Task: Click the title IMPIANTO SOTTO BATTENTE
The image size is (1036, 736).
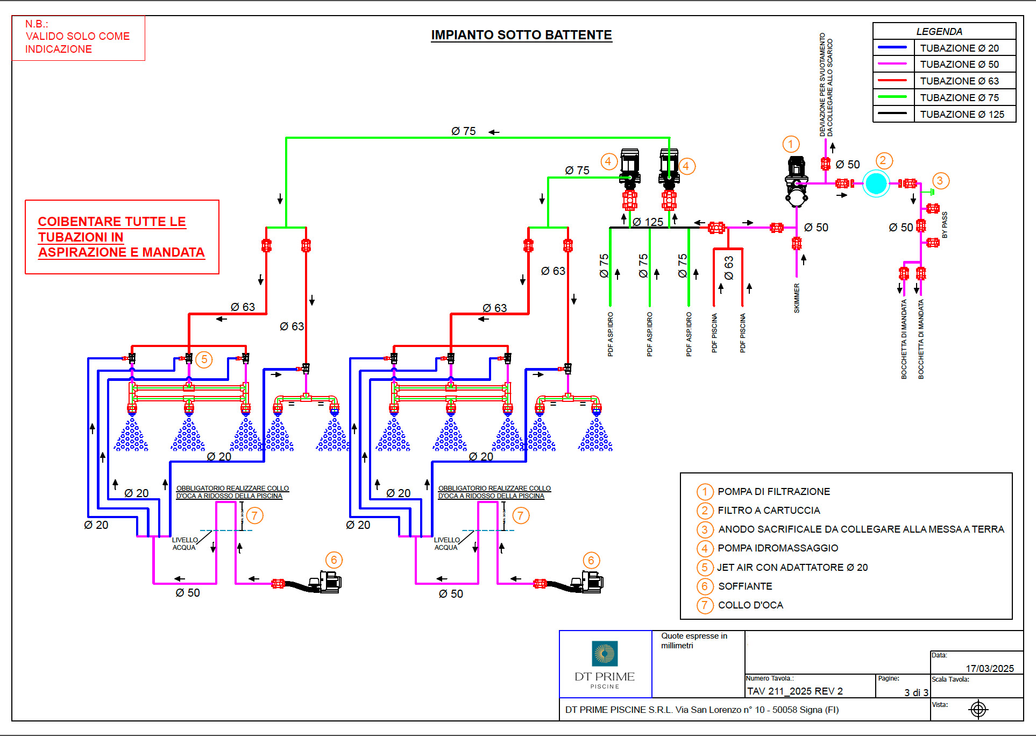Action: (x=521, y=35)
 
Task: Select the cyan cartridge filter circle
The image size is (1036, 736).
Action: (x=876, y=183)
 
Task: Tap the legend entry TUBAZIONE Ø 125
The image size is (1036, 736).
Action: (x=962, y=115)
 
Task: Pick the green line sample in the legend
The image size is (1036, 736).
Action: (x=892, y=97)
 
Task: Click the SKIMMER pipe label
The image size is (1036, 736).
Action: (x=797, y=298)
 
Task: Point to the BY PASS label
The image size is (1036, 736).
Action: (x=945, y=225)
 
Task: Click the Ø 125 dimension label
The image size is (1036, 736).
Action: (x=648, y=222)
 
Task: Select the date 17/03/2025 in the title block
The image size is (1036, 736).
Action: (x=990, y=668)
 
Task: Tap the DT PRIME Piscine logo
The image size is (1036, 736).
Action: (x=605, y=664)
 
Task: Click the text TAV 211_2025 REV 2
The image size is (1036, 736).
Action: (x=794, y=691)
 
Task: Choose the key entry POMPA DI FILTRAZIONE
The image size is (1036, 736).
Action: (x=774, y=492)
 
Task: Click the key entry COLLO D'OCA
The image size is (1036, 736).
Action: (x=750, y=605)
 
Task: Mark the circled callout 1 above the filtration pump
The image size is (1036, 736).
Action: (x=790, y=144)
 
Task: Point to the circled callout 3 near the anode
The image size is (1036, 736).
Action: (x=940, y=181)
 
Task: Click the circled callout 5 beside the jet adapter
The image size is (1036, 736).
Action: (x=204, y=359)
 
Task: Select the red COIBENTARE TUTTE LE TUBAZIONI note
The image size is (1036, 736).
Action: (x=122, y=237)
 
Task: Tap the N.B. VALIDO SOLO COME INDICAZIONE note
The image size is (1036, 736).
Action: (x=78, y=37)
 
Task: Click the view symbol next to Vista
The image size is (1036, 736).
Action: (x=978, y=710)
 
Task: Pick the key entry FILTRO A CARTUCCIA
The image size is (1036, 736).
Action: (x=769, y=511)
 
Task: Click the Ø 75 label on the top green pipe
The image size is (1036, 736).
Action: (x=463, y=131)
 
